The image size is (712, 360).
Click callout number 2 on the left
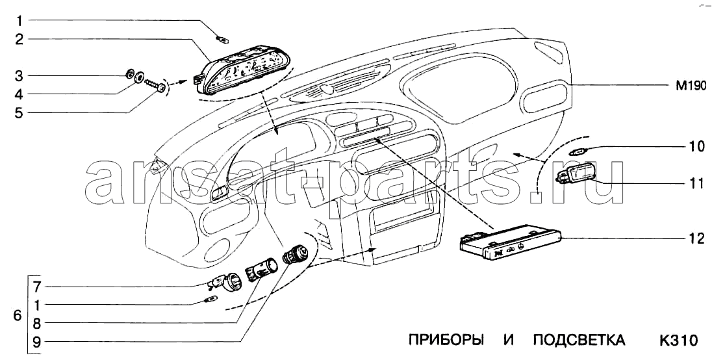pos(19,40)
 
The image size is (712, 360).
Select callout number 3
pos(19,75)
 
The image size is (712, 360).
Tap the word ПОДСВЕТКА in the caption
pos(579,340)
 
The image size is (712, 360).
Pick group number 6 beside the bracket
pos(18,315)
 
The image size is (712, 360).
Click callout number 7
pos(37,287)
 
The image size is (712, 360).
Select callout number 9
pos(37,342)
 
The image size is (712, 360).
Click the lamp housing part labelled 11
pos(575,174)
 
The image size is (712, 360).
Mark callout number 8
pos(37,323)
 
